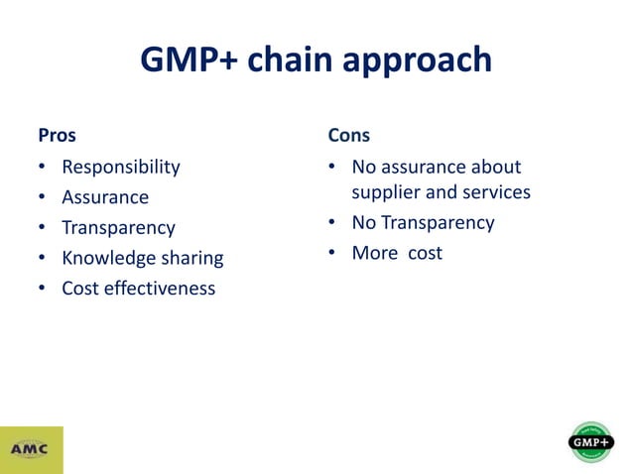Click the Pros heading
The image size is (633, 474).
click(x=57, y=134)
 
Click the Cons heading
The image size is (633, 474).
click(x=348, y=134)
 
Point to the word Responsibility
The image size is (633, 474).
click(x=121, y=167)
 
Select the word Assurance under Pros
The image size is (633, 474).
click(x=105, y=197)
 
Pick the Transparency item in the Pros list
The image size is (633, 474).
click(x=118, y=228)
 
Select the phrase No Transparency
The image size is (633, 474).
click(x=423, y=223)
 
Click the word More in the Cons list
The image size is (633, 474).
click(x=374, y=254)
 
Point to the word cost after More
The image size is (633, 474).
click(x=424, y=254)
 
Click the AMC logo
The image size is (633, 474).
click(x=32, y=449)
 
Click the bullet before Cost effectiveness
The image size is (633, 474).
click(x=41, y=290)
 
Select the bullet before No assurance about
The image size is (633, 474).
click(x=331, y=167)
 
